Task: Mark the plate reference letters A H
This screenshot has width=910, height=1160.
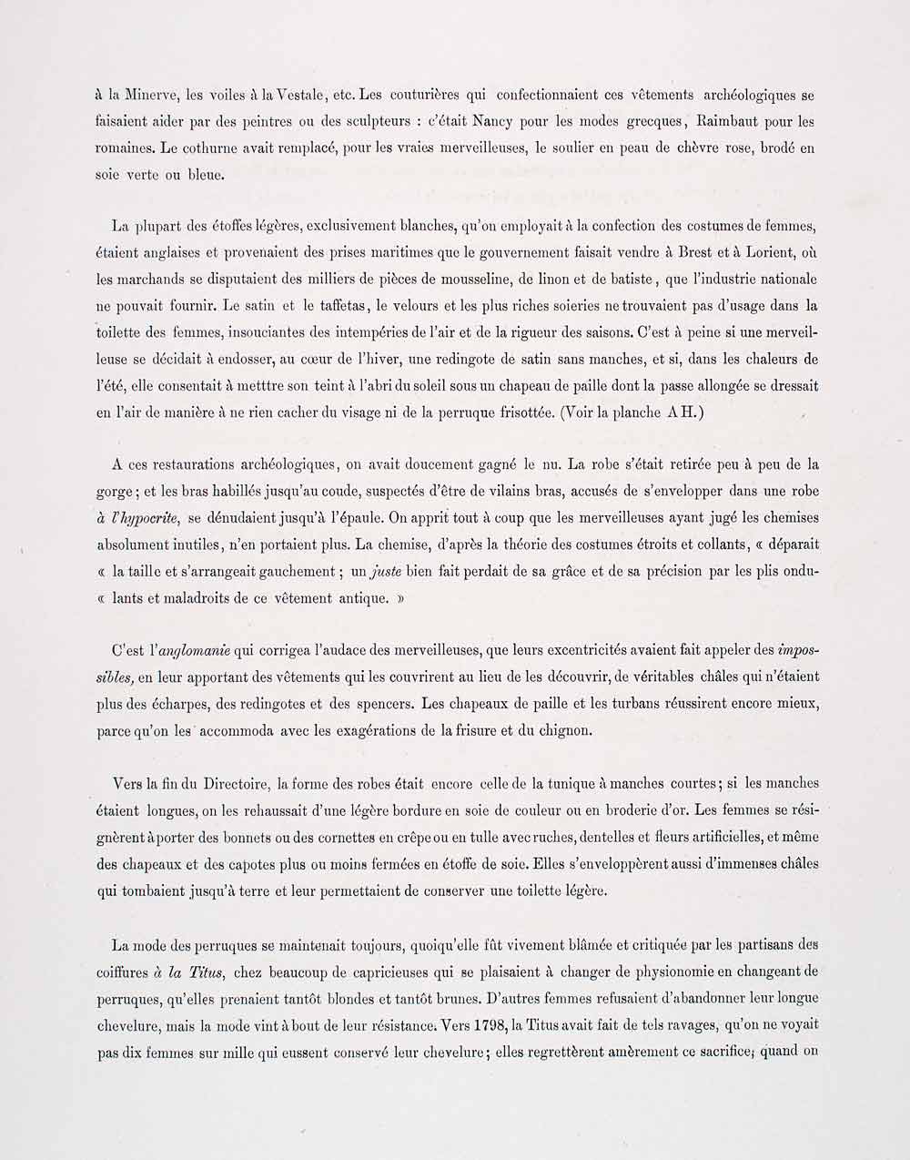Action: point(683,412)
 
